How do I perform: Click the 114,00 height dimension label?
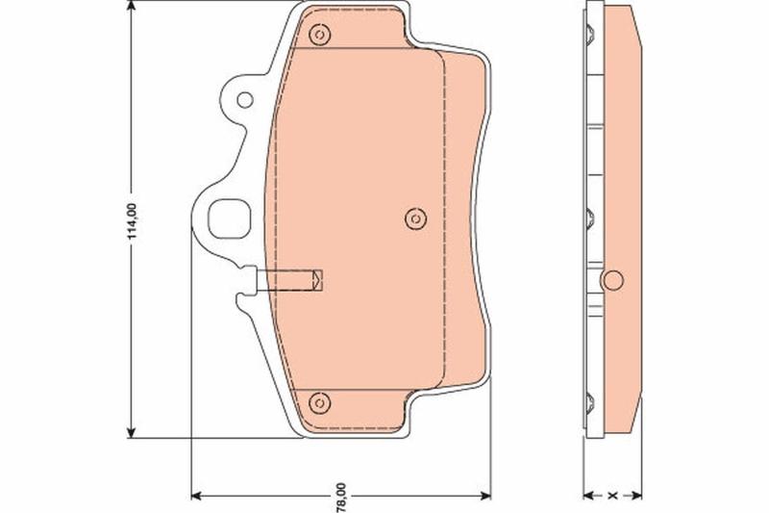pos(131,221)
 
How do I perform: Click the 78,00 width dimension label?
pos(341,497)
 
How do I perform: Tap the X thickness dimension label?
pos(612,496)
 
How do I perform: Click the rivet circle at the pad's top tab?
pos(320,35)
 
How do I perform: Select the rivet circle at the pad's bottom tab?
pos(320,403)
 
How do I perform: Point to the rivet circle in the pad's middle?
pos(416,218)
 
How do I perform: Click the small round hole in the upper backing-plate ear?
pos(245,100)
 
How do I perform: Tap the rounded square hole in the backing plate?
pos(230,218)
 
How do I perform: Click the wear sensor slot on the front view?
pos(289,280)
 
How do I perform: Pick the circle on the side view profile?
pos(613,280)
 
